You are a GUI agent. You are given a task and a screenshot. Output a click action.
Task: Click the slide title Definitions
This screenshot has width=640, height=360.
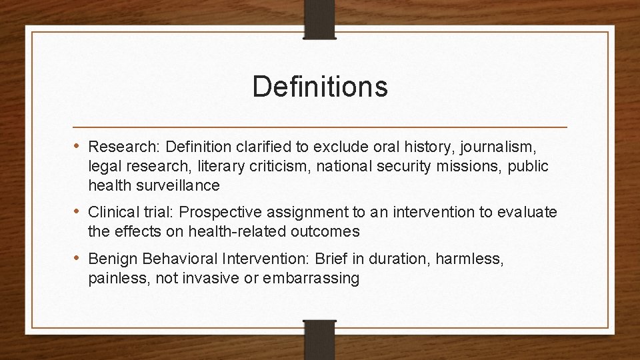[320, 87]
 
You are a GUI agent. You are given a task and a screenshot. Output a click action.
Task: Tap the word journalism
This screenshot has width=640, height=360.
[505, 145]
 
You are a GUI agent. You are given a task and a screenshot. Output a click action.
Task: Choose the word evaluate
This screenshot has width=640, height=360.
[523, 213]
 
